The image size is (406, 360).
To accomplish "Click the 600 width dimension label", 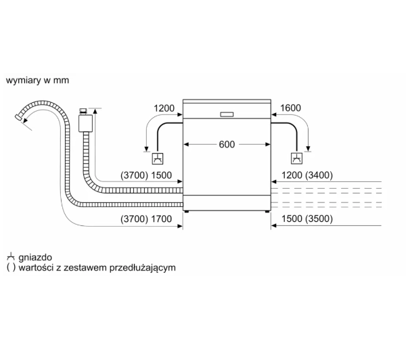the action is click(x=227, y=144).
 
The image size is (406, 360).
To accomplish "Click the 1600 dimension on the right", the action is click(x=290, y=108).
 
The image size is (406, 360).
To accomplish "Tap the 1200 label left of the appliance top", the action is click(x=164, y=108).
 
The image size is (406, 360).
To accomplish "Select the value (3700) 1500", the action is click(x=146, y=175).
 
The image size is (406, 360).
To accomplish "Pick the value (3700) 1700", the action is click(x=146, y=219).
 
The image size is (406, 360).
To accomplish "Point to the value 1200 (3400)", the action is click(x=307, y=175).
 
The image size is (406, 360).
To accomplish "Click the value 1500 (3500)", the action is click(x=307, y=219).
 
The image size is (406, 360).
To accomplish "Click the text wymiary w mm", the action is click(x=37, y=81).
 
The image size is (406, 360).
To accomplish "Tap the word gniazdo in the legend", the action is click(x=35, y=257).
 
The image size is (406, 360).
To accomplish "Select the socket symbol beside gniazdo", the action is click(x=11, y=256).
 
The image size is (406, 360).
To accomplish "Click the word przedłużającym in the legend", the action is click(x=142, y=267).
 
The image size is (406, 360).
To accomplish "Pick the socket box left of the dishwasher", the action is click(x=158, y=158).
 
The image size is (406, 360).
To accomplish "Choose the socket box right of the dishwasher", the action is click(x=297, y=158).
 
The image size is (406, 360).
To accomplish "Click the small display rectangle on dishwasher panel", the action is click(x=227, y=114).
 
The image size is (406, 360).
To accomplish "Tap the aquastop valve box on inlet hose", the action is click(x=85, y=123).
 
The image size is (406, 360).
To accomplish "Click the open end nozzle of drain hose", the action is click(x=18, y=117).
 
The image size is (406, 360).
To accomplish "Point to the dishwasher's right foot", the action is click(x=267, y=212).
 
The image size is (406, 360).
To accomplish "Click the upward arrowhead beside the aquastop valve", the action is click(x=95, y=111).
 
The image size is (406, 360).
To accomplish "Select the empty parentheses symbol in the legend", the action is click(x=11, y=267).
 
